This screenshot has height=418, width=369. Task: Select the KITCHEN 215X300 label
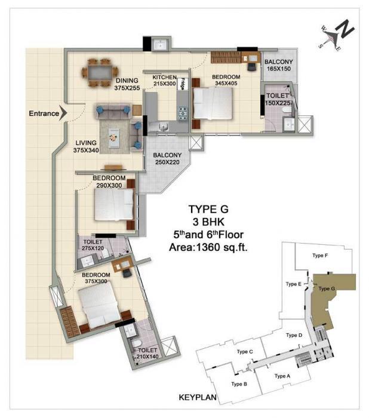(164, 82)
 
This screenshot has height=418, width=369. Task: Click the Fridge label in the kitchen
(184, 83)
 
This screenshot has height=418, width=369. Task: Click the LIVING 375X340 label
(87, 146)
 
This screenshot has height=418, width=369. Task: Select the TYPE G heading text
(209, 210)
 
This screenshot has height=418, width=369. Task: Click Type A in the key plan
(282, 376)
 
